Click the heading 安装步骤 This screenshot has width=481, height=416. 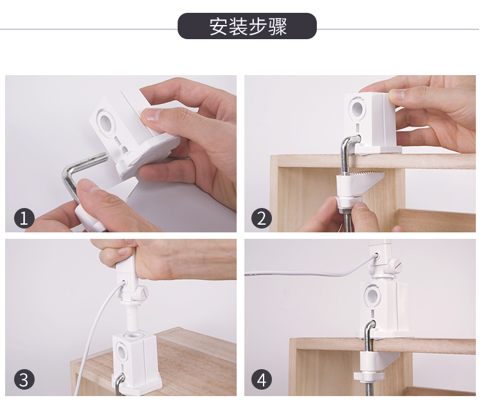[x=248, y=26]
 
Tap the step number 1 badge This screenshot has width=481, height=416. [x=24, y=218]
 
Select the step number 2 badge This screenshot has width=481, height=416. [x=262, y=218]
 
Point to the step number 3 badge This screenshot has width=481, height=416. [x=24, y=379]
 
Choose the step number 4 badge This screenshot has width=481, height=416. [x=262, y=379]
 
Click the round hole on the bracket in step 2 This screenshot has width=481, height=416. [x=357, y=109]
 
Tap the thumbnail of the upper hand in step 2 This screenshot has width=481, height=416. [x=395, y=96]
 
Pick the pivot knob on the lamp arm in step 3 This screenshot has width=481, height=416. [x=141, y=293]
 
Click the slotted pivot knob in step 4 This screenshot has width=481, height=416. [x=394, y=266]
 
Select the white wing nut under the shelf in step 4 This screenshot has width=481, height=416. [x=367, y=375]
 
